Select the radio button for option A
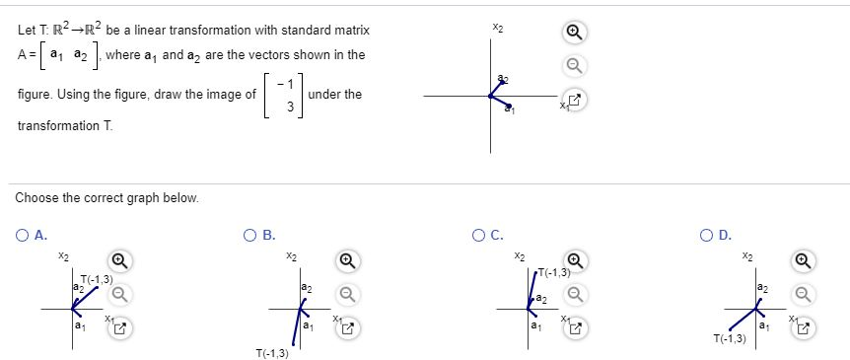pyautogui.click(x=23, y=235)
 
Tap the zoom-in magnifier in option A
pyautogui.click(x=119, y=261)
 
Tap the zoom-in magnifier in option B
pyautogui.click(x=347, y=261)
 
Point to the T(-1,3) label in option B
pyautogui.click(x=271, y=351)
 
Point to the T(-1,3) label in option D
pyautogui.click(x=729, y=338)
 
